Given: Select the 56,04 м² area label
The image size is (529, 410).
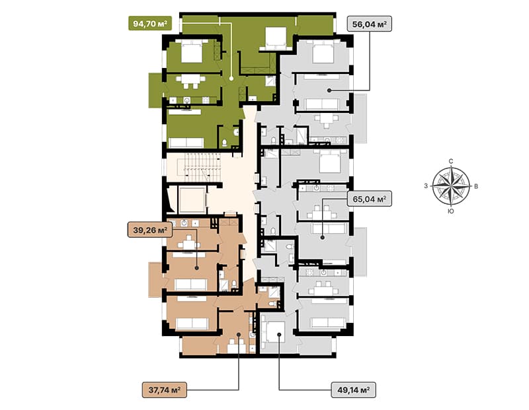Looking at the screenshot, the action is pos(370,24).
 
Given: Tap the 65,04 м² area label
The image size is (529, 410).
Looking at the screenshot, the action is pos(370,199).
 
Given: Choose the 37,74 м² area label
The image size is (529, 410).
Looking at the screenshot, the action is pos(164,390).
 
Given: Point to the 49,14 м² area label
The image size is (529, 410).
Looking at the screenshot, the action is pos(354,390).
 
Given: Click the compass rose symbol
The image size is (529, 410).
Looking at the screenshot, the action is pos(451,186).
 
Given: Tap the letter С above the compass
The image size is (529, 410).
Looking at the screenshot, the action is pos(451,161).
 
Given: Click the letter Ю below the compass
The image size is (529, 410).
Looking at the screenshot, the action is pos(450,211).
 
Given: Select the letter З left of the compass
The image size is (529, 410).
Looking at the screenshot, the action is pos(426,186).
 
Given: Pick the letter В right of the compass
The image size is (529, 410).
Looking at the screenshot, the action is pos(476,186).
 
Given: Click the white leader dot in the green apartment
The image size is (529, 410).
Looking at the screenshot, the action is pos(231,78).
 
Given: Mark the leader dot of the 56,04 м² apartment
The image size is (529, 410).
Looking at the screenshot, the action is pos(329,90).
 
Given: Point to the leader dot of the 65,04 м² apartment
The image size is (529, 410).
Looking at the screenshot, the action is pos(323,238).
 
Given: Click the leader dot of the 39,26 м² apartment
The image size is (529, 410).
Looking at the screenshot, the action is pos(197,268).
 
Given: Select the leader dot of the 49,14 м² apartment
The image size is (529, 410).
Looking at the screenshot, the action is pos(279,334).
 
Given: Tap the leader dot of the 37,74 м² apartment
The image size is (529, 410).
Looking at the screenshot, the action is pos(239,334).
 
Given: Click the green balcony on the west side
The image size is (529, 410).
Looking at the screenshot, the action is pos(155,90).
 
